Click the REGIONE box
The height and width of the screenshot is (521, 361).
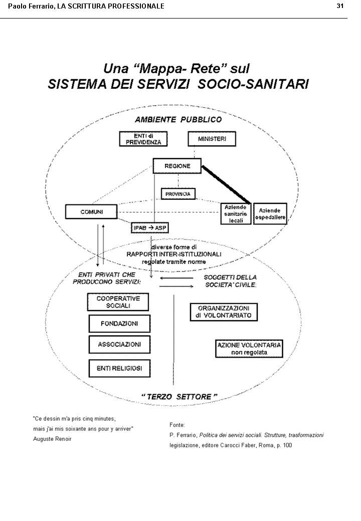177,166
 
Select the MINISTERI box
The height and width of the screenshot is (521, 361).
212,139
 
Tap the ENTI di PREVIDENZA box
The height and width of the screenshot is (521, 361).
143,139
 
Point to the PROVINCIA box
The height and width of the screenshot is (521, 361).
178,193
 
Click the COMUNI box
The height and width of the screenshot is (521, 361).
91,212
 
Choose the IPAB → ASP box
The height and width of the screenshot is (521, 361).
149,228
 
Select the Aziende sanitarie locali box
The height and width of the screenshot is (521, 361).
236,214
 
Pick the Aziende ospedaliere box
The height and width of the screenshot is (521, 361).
270,214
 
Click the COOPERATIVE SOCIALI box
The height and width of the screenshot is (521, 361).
118,302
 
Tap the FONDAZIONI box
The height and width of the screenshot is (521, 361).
119,324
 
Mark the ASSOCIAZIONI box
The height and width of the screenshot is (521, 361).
119,345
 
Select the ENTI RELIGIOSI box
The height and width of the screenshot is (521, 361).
119,368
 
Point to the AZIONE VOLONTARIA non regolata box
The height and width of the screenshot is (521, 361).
249,349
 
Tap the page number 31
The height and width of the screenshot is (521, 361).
339,6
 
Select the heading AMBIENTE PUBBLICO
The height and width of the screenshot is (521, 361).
178,120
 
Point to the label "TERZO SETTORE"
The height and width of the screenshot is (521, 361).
179,397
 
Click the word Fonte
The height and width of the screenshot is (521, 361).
177,425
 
